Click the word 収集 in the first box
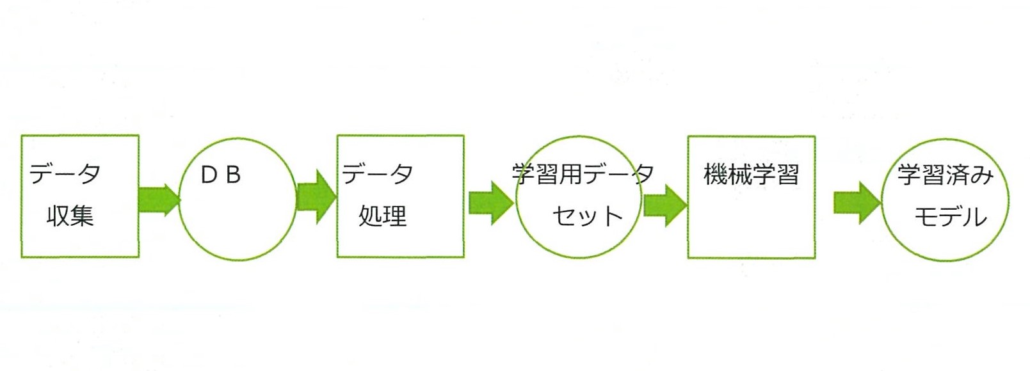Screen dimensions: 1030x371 [x=70, y=216]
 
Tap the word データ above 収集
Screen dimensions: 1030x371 [x=65, y=174]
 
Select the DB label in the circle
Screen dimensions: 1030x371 [x=221, y=175]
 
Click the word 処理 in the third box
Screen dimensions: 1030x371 [x=383, y=216]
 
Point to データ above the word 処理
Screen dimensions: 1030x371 [x=377, y=174]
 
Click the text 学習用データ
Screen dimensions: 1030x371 [x=583, y=174]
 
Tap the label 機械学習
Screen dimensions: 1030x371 [x=752, y=174]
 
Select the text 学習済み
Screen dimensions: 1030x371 [x=946, y=175]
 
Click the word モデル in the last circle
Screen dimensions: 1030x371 [x=951, y=217]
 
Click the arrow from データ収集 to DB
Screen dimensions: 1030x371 [x=159, y=200]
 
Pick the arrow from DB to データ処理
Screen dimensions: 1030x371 [x=317, y=197]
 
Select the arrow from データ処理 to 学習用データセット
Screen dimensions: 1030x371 [x=491, y=203]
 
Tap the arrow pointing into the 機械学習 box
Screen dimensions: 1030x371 [x=665, y=205]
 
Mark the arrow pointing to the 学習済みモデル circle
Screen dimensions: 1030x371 [x=857, y=203]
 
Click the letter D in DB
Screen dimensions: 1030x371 [x=209, y=175]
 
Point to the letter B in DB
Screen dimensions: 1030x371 [x=234, y=175]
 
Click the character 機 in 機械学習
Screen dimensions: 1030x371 [x=716, y=174]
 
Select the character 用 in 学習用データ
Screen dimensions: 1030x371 [x=570, y=174]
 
